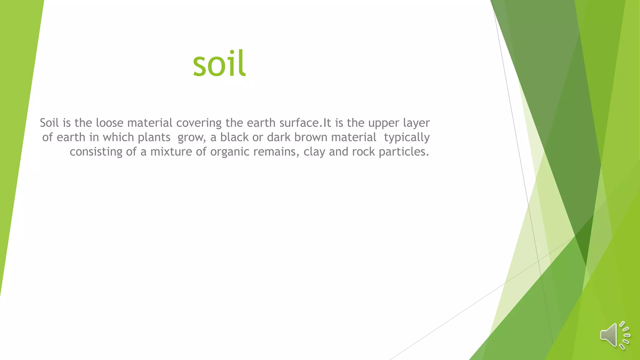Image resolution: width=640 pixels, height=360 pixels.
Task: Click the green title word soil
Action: pyautogui.click(x=219, y=64)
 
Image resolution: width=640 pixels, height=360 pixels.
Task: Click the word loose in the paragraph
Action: pyautogui.click(x=109, y=123)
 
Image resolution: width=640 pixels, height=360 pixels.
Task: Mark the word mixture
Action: pyautogui.click(x=171, y=152)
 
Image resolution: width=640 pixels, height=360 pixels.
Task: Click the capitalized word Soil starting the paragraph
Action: pyautogui.click(x=49, y=123)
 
